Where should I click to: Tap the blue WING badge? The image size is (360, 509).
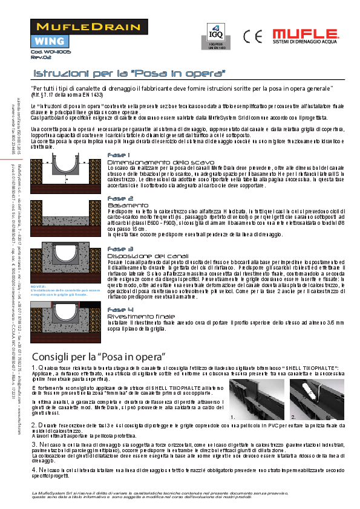[x=46, y=42]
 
